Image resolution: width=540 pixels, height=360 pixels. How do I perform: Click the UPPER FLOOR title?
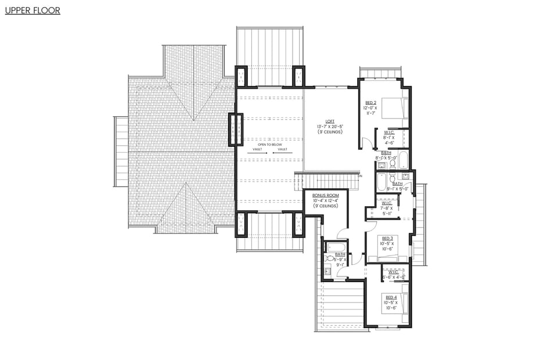tap(33, 10)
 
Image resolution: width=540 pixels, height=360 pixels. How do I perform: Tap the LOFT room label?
tap(330, 121)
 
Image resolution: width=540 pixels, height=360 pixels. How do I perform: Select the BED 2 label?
tap(370, 102)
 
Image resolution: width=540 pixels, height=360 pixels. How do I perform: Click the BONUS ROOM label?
tap(325, 195)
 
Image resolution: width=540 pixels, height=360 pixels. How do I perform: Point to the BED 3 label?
tap(386, 238)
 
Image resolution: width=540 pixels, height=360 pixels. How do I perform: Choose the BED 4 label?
tap(391, 297)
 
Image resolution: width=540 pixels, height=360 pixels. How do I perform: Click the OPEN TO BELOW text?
tap(270, 145)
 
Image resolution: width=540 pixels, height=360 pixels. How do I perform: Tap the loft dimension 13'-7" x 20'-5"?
tap(330, 127)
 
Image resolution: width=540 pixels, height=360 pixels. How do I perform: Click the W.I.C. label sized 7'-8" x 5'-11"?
tap(387, 203)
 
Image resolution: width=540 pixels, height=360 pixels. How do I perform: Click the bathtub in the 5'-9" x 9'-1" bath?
tap(336, 247)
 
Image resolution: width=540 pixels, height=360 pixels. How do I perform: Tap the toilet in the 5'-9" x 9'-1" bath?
tap(330, 258)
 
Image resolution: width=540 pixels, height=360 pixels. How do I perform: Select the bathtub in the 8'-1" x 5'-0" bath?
tap(404, 159)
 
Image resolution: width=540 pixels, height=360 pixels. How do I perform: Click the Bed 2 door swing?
tap(366, 142)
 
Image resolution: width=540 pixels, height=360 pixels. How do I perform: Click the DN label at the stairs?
tap(360, 176)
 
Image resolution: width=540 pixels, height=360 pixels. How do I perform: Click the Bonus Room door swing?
tap(343, 233)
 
